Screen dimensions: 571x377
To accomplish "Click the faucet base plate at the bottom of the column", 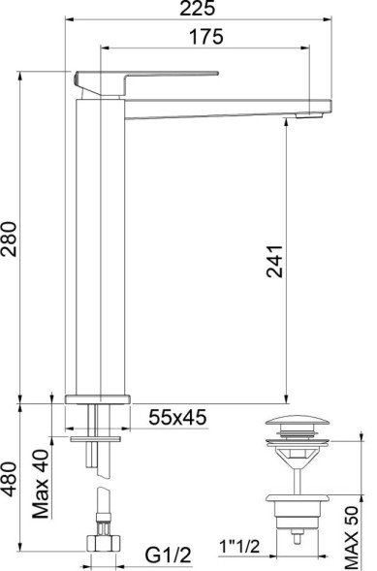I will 97,397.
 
